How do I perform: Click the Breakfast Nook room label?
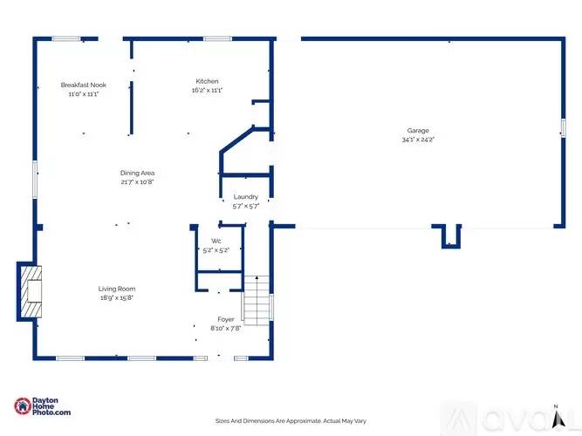pos(83,85)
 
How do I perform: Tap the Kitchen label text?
pos(208,82)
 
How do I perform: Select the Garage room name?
pos(417,131)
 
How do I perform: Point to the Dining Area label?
pos(137,173)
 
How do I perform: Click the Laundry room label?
pos(245,197)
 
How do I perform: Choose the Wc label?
pos(216,241)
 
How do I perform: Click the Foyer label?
pos(225,319)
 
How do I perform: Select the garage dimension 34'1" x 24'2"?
pos(417,140)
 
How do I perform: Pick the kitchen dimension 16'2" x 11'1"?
pos(208,91)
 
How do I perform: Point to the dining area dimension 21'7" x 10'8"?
pos(137,182)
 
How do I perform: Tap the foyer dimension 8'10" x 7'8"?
pos(225,329)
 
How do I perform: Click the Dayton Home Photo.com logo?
pos(43,406)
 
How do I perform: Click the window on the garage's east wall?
pos(563,127)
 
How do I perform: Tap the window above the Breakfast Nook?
pos(65,38)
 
